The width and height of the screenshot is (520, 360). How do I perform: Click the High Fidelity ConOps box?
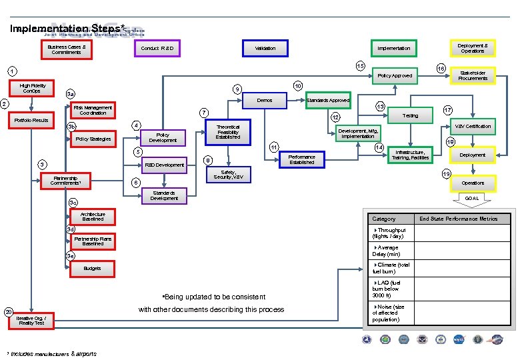33,89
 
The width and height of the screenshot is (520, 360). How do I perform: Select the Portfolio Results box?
31,121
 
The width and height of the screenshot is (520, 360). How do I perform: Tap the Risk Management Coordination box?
93,110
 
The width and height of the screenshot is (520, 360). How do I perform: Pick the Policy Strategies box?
93,139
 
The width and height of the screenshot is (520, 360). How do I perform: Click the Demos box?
264,101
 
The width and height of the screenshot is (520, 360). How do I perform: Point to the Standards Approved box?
328,101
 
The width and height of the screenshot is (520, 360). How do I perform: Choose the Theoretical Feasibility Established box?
227,131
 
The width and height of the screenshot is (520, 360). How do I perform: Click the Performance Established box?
301,159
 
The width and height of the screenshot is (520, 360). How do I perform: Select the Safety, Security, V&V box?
228,174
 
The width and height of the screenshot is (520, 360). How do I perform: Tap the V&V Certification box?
473,126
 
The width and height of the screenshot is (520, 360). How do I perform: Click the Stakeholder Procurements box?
473,75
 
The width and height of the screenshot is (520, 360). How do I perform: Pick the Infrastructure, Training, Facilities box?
410,155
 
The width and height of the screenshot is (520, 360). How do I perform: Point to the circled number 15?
359,66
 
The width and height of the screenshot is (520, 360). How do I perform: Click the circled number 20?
8,312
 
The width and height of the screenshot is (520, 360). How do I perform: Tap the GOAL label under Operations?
471,198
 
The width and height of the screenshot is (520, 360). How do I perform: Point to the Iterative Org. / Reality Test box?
31,320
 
